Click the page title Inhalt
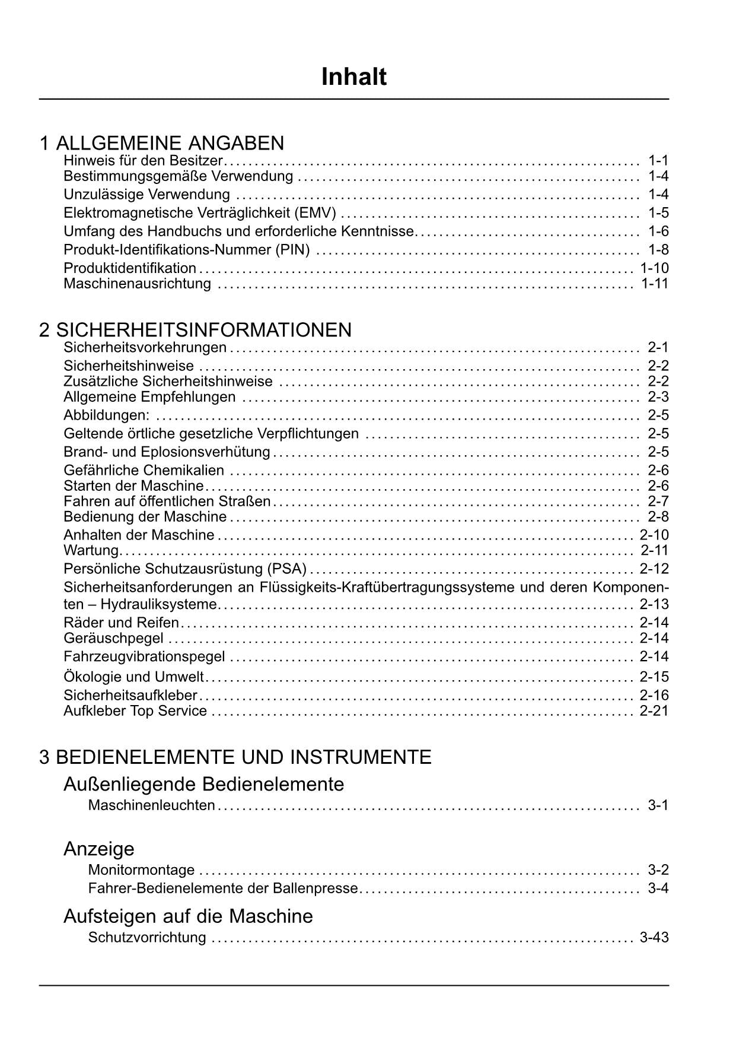coord(354,77)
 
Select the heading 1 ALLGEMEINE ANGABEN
coord(161,143)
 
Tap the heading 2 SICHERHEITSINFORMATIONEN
coord(195,329)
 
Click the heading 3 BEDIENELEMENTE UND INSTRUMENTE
coord(235,757)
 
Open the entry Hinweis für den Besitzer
coord(142,160)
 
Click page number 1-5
coord(658,212)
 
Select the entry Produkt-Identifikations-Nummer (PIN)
coord(186,249)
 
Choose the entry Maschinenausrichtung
coord(137,283)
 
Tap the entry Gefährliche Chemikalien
coord(144,470)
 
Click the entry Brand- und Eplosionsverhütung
coord(167,452)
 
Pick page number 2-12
coord(654,569)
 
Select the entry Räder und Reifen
coord(121,622)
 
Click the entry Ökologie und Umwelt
coord(133,677)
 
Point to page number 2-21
coord(654,710)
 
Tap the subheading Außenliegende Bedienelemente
coord(203,784)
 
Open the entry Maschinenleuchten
coord(151,805)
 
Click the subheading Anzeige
coord(98,849)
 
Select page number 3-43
coord(654,937)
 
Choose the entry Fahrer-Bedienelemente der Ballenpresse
coord(223,888)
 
